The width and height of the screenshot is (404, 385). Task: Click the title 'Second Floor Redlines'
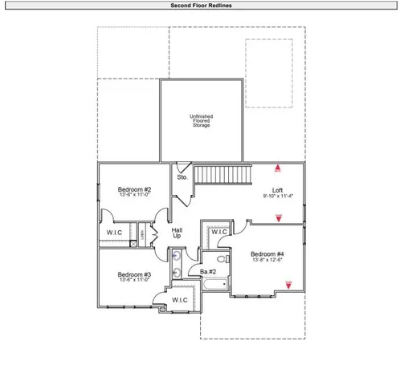(x=202, y=5)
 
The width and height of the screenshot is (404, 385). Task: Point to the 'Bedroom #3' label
(x=129, y=274)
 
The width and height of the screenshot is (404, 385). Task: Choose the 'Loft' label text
(x=278, y=190)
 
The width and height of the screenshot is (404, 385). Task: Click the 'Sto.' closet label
(x=182, y=176)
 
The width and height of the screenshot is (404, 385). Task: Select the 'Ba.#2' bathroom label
(x=207, y=272)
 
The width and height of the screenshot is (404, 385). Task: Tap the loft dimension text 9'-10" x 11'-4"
(x=278, y=196)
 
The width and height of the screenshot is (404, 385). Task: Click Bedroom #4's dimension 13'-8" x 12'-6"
(x=268, y=260)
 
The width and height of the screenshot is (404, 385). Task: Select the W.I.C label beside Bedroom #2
(x=114, y=233)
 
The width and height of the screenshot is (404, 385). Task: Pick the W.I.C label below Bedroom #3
(x=179, y=300)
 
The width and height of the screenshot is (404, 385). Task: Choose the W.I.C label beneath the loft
(x=219, y=233)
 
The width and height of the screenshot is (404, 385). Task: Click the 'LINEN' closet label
(x=142, y=233)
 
